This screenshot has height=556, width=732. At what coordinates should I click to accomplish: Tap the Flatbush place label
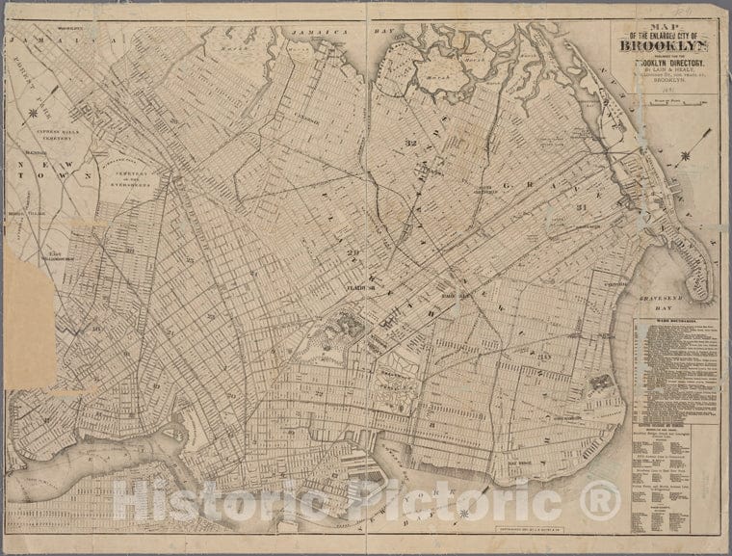[x=360, y=286]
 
